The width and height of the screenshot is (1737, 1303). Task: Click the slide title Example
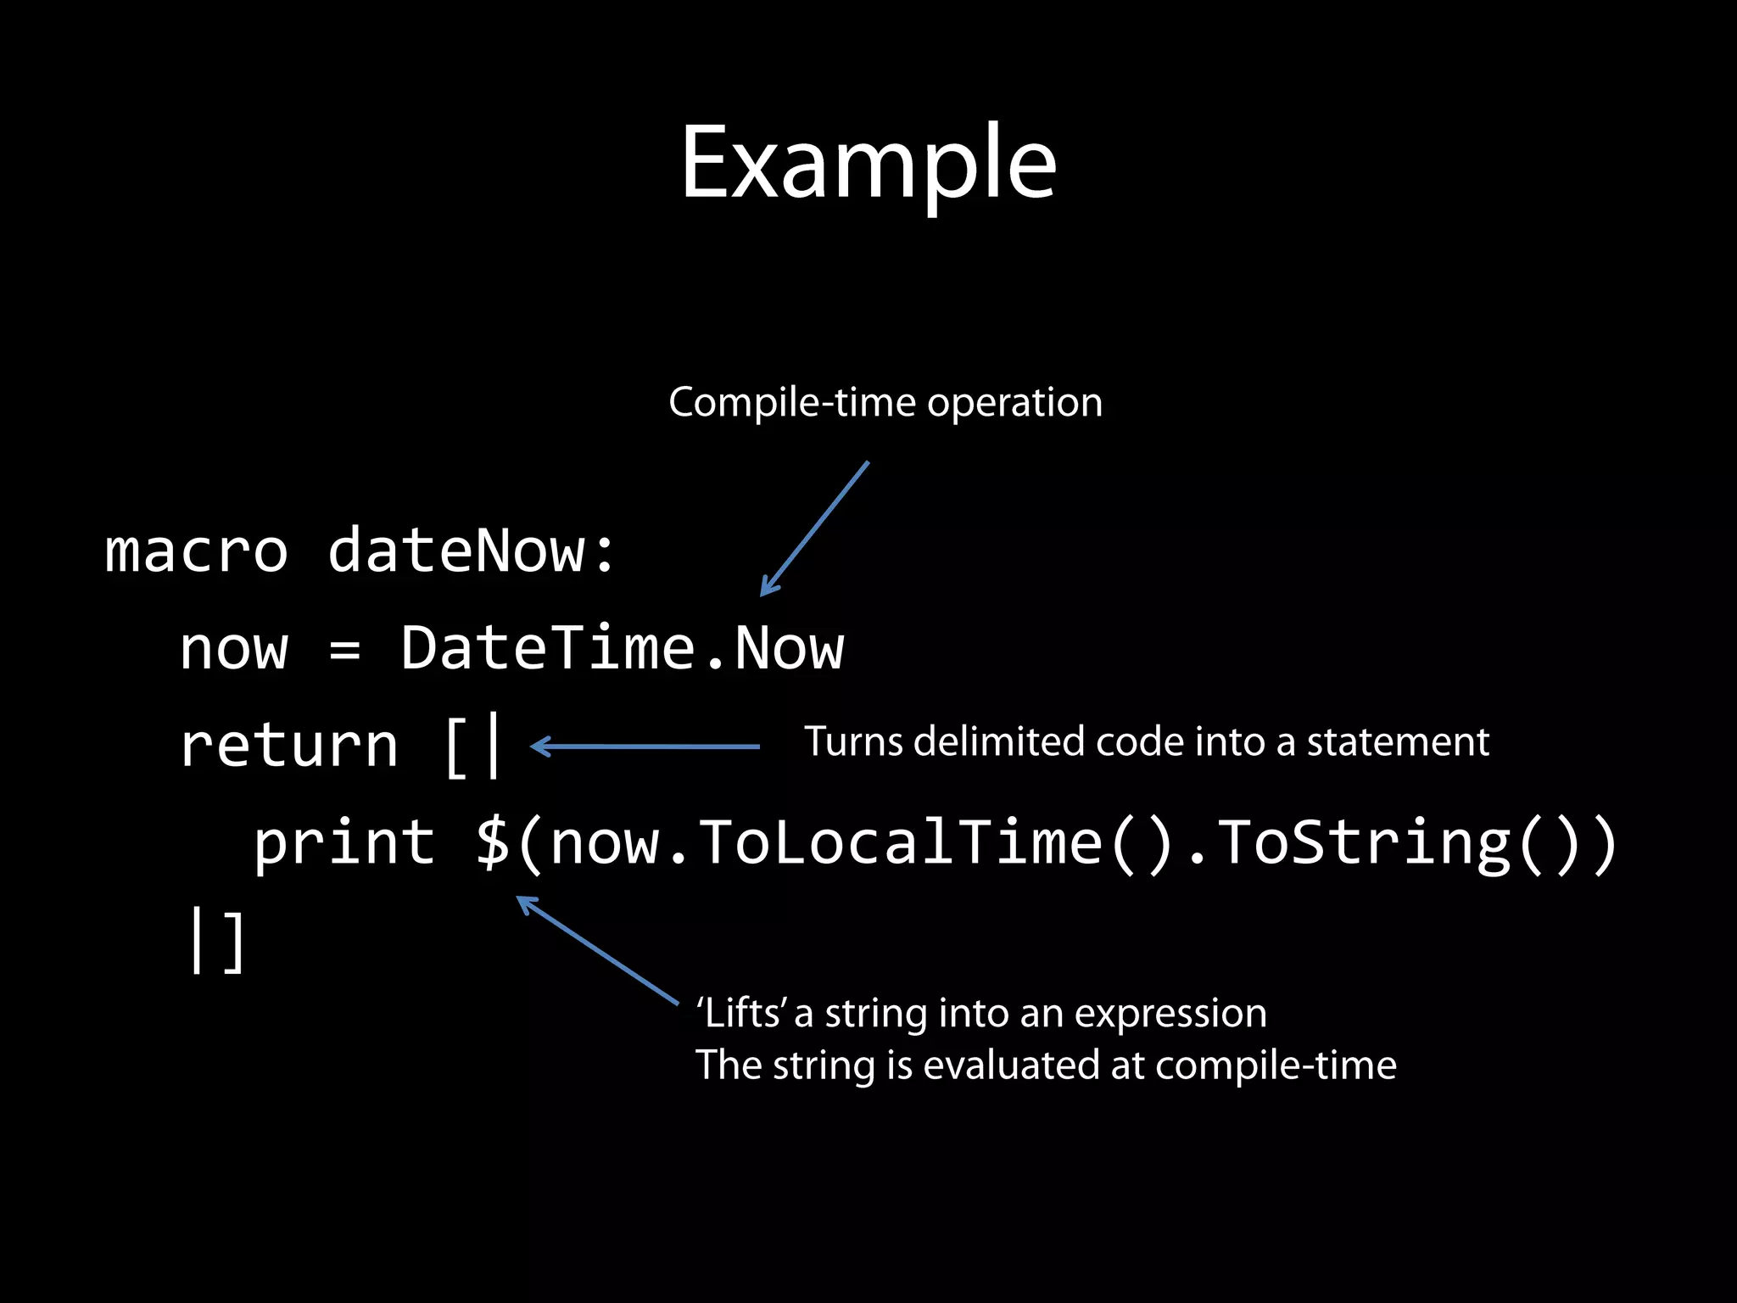point(868,163)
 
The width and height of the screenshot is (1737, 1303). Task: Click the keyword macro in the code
point(196,551)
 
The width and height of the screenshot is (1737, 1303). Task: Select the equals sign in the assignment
point(344,650)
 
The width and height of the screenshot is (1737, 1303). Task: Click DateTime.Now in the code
point(622,649)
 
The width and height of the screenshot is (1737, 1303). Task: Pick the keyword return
point(289,747)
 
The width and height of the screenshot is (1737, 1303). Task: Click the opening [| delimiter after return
point(473,747)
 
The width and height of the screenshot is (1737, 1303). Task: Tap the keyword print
point(344,843)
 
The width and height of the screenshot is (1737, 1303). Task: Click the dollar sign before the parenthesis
point(492,843)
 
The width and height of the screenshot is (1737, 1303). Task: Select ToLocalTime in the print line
point(899,843)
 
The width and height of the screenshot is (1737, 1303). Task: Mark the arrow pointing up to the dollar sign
point(597,950)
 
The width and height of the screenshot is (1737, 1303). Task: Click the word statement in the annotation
point(1398,742)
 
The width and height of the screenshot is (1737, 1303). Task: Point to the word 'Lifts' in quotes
point(740,1014)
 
